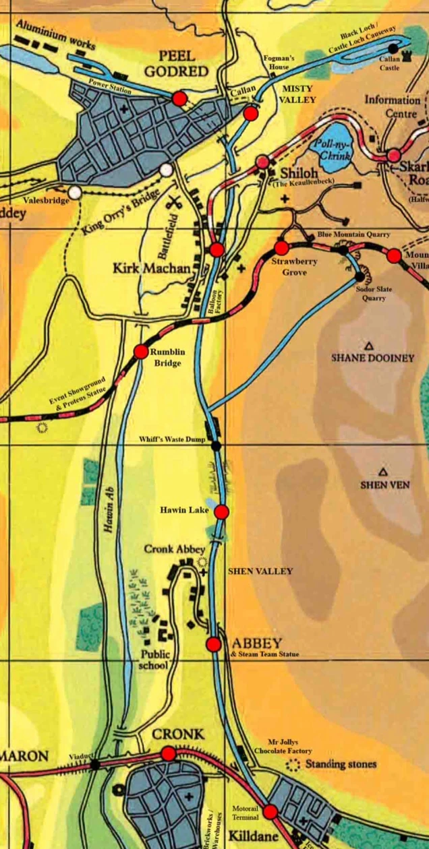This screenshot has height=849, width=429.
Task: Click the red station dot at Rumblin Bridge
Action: click(x=141, y=351)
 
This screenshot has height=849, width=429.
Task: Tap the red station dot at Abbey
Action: click(x=214, y=644)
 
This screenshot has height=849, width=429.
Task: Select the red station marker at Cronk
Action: click(x=169, y=753)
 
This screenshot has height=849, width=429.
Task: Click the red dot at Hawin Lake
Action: click(x=221, y=512)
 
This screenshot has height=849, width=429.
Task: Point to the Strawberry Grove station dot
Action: click(x=281, y=248)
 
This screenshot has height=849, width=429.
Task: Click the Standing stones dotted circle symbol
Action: click(x=293, y=765)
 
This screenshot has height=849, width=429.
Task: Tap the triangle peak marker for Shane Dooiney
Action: click(x=369, y=346)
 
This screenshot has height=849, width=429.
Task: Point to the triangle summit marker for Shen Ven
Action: click(x=383, y=472)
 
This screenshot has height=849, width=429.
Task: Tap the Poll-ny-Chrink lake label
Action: click(x=335, y=146)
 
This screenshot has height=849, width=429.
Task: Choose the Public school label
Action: click(x=155, y=660)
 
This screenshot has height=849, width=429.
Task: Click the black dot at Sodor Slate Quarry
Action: click(x=360, y=276)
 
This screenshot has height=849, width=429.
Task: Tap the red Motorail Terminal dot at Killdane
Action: click(x=270, y=812)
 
